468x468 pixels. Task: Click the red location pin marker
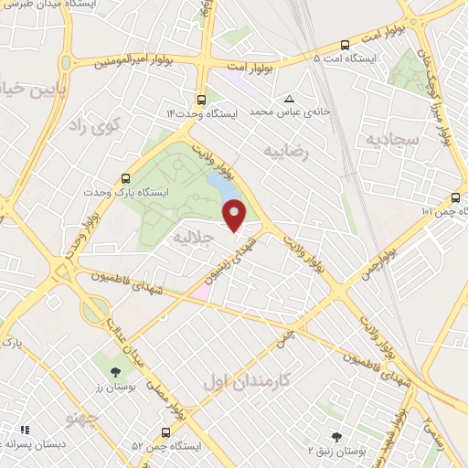235,214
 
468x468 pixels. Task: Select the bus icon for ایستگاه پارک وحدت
125,180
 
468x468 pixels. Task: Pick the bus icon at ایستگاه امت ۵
345,45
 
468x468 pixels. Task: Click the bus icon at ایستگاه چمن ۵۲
165,431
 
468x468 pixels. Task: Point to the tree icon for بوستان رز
114,372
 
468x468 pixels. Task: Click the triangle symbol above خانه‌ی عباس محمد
290,99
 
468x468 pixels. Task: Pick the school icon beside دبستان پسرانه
26,429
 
